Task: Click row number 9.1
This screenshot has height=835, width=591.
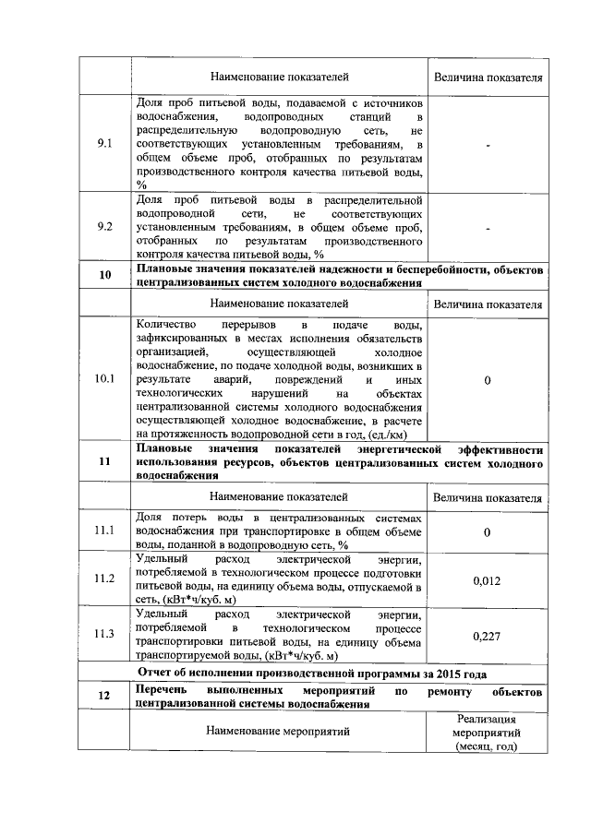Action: pos(104,144)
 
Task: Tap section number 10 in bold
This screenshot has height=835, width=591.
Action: pos(104,275)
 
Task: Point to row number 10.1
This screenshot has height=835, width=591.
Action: pos(104,379)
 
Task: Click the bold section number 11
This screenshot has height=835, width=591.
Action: pos(104,462)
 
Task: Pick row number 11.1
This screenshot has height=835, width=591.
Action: pos(104,531)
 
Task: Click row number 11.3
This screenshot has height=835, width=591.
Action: pos(104,635)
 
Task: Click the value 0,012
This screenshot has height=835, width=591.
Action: pos(487,580)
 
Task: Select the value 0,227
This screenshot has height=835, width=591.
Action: pos(487,636)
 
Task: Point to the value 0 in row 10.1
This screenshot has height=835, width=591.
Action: pos(487,380)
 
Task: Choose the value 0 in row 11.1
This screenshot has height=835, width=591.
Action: pos(487,531)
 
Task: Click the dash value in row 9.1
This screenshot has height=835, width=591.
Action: pos(487,145)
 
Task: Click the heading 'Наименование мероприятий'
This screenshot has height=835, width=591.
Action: pos(280,732)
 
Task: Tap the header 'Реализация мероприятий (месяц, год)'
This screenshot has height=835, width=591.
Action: pos(487,733)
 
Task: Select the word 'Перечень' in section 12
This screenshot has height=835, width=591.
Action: pos(162,690)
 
